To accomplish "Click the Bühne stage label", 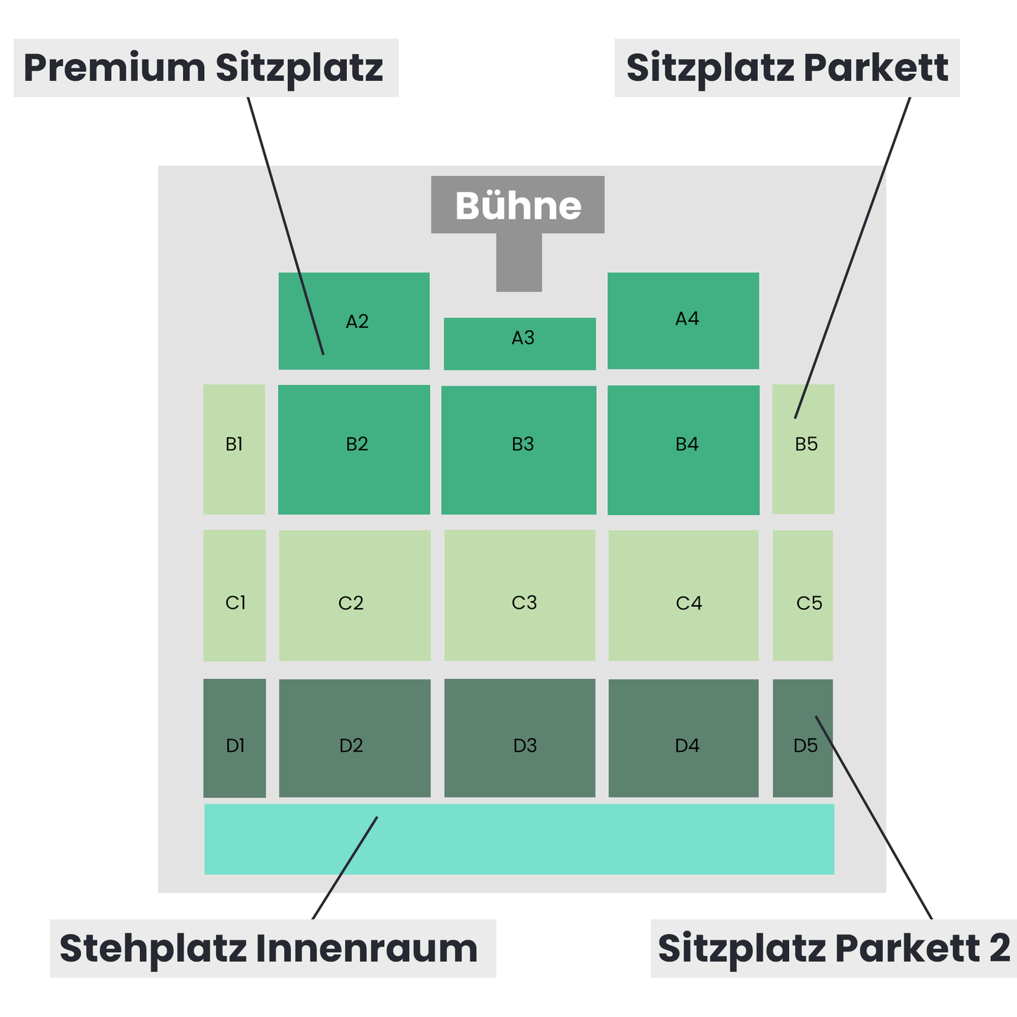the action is [x=518, y=206].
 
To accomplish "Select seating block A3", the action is [x=519, y=343].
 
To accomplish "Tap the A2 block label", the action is [x=357, y=321].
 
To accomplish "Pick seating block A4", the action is [x=683, y=320].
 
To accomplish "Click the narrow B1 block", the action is [x=234, y=449].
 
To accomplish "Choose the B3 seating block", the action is [x=519, y=450].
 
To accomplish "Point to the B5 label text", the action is [x=806, y=444].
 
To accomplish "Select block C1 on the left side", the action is [x=234, y=595].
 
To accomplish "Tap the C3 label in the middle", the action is [x=524, y=602].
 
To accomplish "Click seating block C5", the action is [x=803, y=595].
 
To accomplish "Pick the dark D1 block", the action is [x=234, y=738].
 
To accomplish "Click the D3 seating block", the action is [x=519, y=738].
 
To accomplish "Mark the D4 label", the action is [x=687, y=745].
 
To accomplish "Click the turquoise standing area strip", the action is [x=519, y=839].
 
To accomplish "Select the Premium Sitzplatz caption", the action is [x=203, y=68].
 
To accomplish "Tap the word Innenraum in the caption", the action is [x=367, y=949].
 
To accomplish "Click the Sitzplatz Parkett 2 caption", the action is [x=833, y=949].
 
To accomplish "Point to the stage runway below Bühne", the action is [x=519, y=263].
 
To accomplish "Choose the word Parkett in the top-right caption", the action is [x=876, y=68].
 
